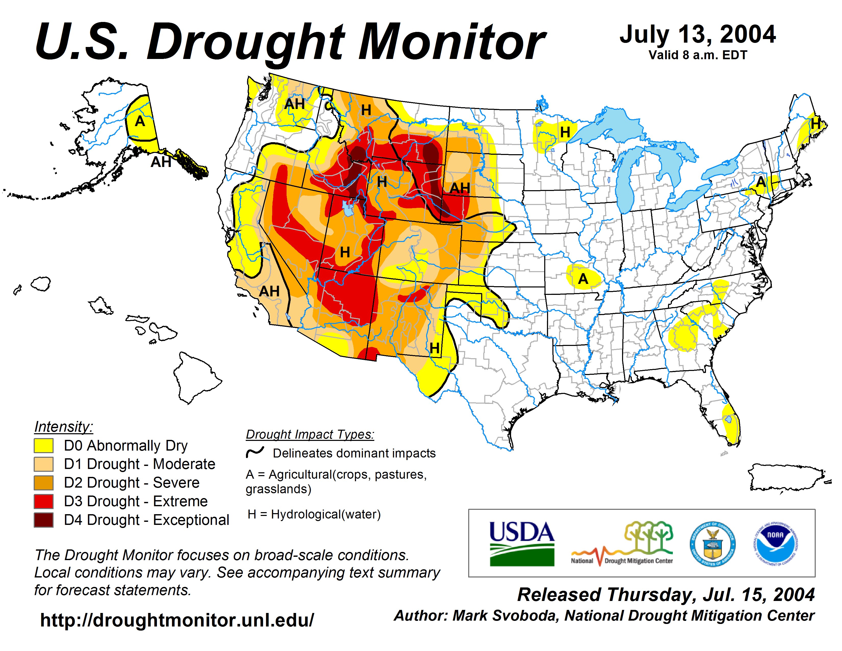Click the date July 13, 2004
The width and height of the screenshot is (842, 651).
click(697, 35)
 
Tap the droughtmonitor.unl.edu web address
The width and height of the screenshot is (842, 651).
click(177, 620)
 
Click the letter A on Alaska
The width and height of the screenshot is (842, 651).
click(140, 122)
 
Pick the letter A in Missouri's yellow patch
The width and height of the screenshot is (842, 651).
click(583, 279)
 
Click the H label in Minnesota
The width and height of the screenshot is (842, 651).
click(565, 132)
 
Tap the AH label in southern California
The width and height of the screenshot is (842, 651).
click(269, 291)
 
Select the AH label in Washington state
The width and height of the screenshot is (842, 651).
click(294, 104)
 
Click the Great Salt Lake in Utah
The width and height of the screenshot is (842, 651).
click(348, 208)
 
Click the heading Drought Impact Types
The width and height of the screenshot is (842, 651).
click(310, 434)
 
